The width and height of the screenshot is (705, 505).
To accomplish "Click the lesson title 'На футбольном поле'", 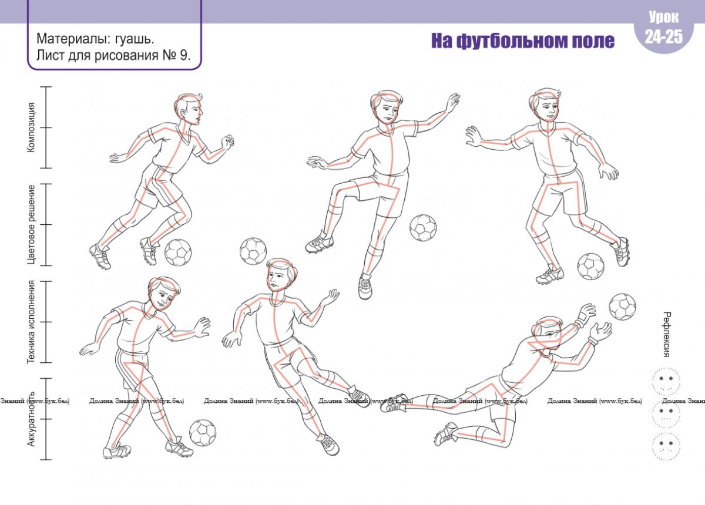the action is coord(522,41).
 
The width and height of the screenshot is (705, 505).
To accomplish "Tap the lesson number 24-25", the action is coord(664,36).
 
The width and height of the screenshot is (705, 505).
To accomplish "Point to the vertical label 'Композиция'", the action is coord(31,127).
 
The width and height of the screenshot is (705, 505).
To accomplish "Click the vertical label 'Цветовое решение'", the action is coord(31,224).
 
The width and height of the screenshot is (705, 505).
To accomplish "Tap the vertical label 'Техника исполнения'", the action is coord(31,322).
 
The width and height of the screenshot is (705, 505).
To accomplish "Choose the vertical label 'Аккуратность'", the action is coord(31,419).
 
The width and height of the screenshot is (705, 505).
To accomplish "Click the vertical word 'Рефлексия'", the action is coord(666,335).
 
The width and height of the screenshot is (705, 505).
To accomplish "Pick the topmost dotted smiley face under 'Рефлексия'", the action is coord(666,381).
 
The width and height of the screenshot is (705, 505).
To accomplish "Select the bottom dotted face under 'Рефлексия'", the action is coord(666,446).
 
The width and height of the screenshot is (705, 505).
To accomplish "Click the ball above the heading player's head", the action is coord(253,251).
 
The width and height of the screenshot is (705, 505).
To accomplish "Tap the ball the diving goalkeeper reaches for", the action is coord(622,307).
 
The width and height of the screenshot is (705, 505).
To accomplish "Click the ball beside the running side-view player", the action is coord(178,253).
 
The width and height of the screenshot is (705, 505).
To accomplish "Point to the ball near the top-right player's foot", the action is coord(591,267).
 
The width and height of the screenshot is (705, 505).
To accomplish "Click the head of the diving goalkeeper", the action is coord(548,334).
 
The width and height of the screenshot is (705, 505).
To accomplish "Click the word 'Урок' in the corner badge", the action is coord(664,17).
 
